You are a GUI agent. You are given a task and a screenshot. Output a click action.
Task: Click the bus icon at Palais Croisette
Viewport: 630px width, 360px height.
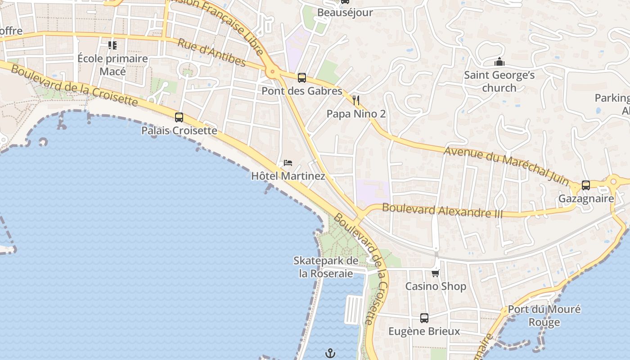coord(179,117)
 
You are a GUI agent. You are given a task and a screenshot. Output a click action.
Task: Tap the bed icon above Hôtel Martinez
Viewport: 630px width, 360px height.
coord(288,162)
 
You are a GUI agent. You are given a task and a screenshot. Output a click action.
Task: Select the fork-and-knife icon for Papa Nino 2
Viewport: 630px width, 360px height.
coord(356,100)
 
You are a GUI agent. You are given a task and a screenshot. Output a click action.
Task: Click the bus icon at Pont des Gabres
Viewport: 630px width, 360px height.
coord(302,77)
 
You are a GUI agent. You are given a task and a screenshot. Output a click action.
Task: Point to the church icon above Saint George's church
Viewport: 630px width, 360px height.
coord(499,62)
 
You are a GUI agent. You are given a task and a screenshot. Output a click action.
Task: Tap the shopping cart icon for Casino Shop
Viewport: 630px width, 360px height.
coord(435,273)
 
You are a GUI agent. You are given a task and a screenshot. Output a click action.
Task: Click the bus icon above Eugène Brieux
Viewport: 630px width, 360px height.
coord(424,318)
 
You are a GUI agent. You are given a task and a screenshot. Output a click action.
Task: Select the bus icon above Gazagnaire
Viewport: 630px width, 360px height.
coord(586,185)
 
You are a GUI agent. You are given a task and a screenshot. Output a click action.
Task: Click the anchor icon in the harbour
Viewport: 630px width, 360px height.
coord(330,353)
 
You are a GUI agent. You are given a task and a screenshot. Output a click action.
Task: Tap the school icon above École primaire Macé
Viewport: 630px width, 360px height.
coord(112,45)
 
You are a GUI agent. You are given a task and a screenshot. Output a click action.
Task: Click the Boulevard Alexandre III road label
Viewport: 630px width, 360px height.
coord(442,210)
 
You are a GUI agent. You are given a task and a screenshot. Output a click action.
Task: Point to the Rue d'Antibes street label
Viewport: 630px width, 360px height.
coord(211,53)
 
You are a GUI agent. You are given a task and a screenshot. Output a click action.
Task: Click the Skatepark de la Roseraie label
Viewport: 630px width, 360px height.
coord(326,267)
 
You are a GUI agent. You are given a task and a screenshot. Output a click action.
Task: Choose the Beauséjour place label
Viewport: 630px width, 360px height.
coord(345,13)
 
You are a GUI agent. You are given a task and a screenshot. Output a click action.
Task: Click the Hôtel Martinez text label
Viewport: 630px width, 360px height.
coord(288,176)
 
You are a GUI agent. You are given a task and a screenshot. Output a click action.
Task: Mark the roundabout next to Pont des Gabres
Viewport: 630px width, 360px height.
coord(272,71)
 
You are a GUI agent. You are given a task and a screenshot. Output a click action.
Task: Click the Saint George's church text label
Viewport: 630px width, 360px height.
coord(499,81)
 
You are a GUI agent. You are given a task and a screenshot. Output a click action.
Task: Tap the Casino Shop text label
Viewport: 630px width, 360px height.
coord(436,286)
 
